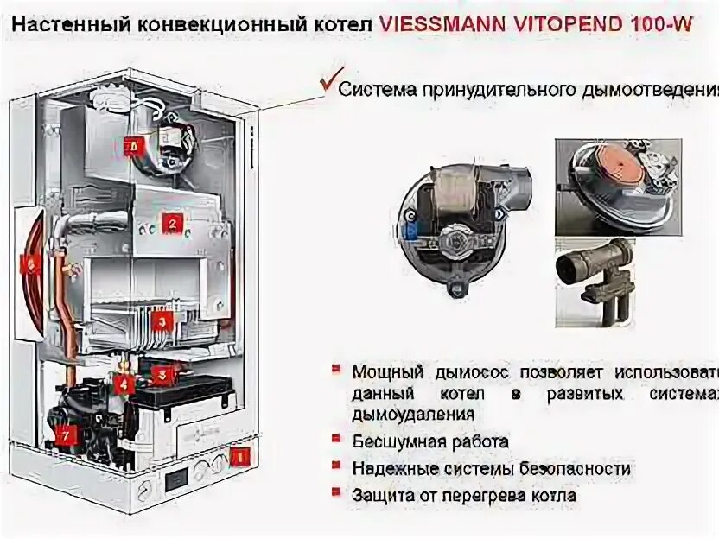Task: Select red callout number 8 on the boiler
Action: coord(134,146)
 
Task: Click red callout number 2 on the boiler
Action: coord(171,224)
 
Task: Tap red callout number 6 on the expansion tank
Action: coord(32,266)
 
